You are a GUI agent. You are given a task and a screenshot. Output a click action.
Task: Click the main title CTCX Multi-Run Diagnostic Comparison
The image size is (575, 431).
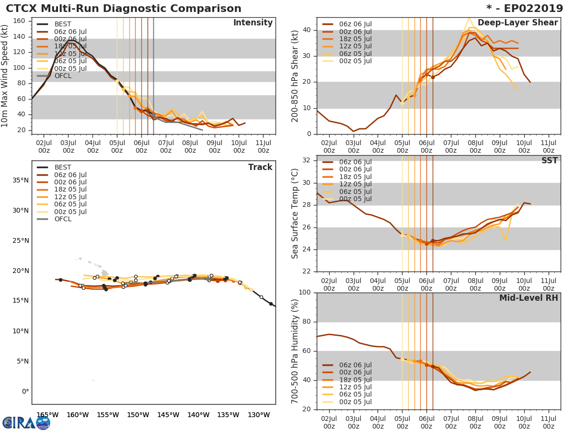point(124,9)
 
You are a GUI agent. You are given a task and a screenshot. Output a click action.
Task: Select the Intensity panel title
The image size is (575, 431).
point(253,23)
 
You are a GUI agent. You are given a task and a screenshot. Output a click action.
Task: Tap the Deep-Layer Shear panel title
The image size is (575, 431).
point(517,23)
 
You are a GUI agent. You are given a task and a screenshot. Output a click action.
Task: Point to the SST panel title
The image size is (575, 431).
point(550,160)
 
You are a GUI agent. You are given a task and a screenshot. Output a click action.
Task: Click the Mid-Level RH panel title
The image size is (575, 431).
point(529,298)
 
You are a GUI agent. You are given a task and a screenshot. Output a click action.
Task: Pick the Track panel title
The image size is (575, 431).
point(260,167)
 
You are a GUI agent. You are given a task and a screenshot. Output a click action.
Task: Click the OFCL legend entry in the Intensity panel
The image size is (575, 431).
point(62,76)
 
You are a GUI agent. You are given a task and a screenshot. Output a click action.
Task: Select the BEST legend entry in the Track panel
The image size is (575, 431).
point(62,167)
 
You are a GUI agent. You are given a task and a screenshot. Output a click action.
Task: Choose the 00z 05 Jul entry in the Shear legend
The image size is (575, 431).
point(355,61)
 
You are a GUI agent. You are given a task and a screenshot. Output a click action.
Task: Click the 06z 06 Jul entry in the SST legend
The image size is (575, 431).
point(355,162)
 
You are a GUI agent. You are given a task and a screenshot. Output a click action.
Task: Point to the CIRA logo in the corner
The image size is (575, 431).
point(26,422)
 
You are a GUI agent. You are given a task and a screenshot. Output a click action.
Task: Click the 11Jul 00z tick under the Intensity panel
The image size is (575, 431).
point(263,146)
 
